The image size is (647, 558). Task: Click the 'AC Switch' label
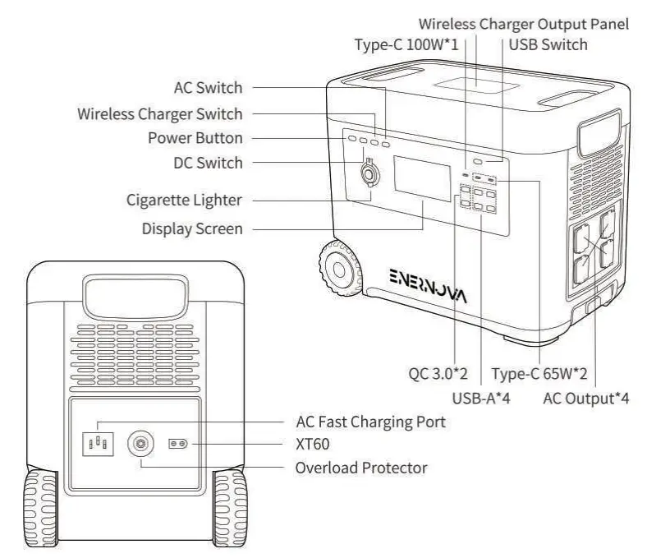[208, 88]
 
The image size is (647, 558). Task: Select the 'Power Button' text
[195, 137]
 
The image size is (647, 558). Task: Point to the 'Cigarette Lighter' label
[185, 200]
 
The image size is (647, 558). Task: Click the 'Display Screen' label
[192, 228]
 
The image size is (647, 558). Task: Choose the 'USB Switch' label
[548, 44]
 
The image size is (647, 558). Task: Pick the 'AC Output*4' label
[586, 400]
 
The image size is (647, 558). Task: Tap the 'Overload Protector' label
[361, 468]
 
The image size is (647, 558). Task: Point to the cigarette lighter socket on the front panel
[368, 175]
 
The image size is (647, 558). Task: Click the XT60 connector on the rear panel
[179, 444]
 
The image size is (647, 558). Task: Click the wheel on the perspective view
[337, 270]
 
